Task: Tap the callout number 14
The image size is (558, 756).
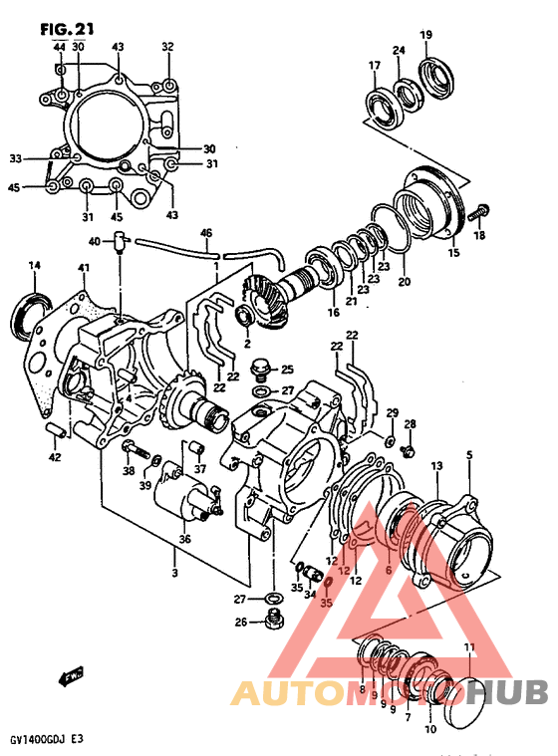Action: [x=34, y=265]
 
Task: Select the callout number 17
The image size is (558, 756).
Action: [x=375, y=67]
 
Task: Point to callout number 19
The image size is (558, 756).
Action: [x=425, y=36]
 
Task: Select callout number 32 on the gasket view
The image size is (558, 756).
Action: [x=167, y=46]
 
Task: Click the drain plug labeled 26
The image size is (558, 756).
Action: [x=271, y=624]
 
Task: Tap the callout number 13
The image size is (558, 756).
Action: [x=436, y=467]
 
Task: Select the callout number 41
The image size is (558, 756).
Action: [x=85, y=269]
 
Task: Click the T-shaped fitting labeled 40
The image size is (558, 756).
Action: [x=119, y=239]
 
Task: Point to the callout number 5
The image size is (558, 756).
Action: [x=469, y=457]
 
